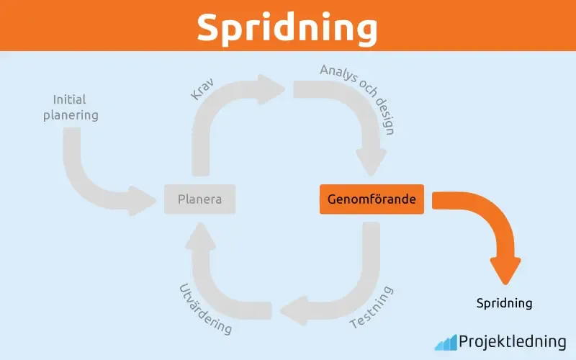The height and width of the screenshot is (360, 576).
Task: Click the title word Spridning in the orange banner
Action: pos(287,27)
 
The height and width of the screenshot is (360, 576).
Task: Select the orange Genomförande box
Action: pos(372,199)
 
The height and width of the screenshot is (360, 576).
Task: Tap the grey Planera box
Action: pos(199,199)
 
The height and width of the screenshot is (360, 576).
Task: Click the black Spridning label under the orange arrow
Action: pos(504,303)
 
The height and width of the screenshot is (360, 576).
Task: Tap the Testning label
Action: pos(372,307)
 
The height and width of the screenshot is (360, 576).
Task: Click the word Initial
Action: pos(71,99)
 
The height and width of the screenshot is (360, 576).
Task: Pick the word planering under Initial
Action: pos(71,114)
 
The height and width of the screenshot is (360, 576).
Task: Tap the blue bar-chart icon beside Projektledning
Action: pos(445,341)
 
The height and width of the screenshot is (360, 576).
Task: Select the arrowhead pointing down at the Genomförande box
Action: pos(372,162)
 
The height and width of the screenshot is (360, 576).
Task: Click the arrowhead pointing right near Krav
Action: pos(276,89)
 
